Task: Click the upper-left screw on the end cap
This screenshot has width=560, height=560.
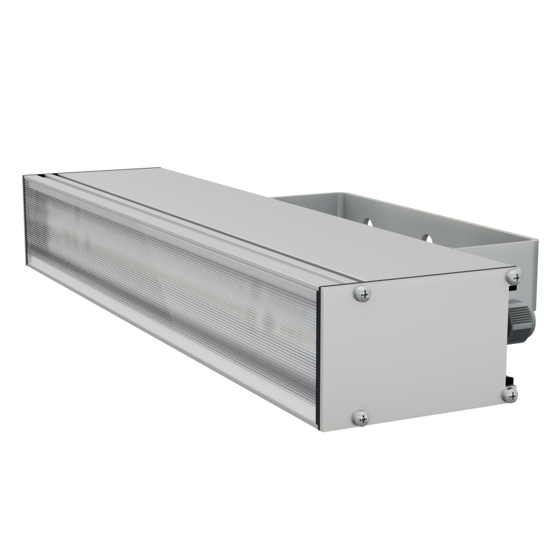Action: pyautogui.click(x=363, y=293)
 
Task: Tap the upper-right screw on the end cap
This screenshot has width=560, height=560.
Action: pyautogui.click(x=513, y=276)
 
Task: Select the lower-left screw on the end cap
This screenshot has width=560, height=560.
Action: pyautogui.click(x=361, y=417)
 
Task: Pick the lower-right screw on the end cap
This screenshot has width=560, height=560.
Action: pyautogui.click(x=510, y=394)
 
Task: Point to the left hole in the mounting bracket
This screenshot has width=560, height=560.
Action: pyautogui.click(x=367, y=222)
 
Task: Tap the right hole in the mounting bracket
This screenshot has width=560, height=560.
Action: pyautogui.click(x=427, y=238)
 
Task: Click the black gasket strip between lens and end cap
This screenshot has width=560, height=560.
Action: pyautogui.click(x=318, y=358)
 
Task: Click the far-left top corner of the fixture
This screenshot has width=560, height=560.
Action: pyautogui.click(x=25, y=178)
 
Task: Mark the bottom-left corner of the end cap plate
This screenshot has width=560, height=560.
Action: pyautogui.click(x=321, y=428)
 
